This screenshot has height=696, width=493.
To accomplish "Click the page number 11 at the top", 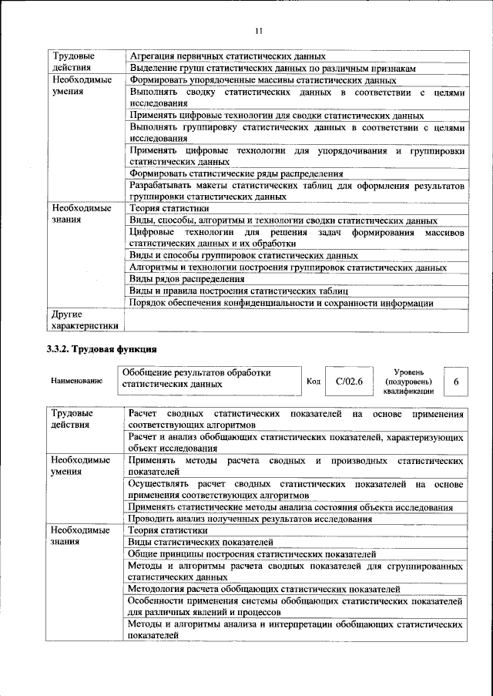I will (x=257, y=30).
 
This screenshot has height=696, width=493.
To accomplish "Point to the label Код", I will (x=314, y=381).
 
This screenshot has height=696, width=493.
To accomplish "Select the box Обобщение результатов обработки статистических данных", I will (x=208, y=378).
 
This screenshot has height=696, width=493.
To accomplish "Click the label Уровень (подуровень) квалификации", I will (x=407, y=381).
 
